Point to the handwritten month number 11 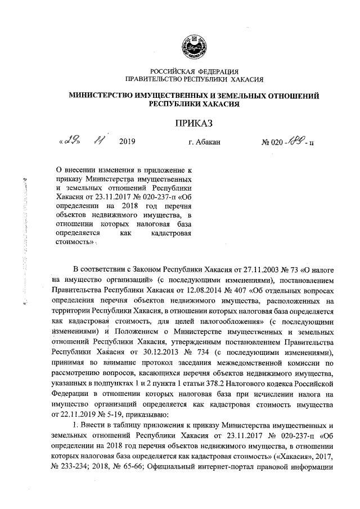pos(100,142)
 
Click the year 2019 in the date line pos(128,143)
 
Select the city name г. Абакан pos(203,143)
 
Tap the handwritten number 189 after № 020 pos(295,142)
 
